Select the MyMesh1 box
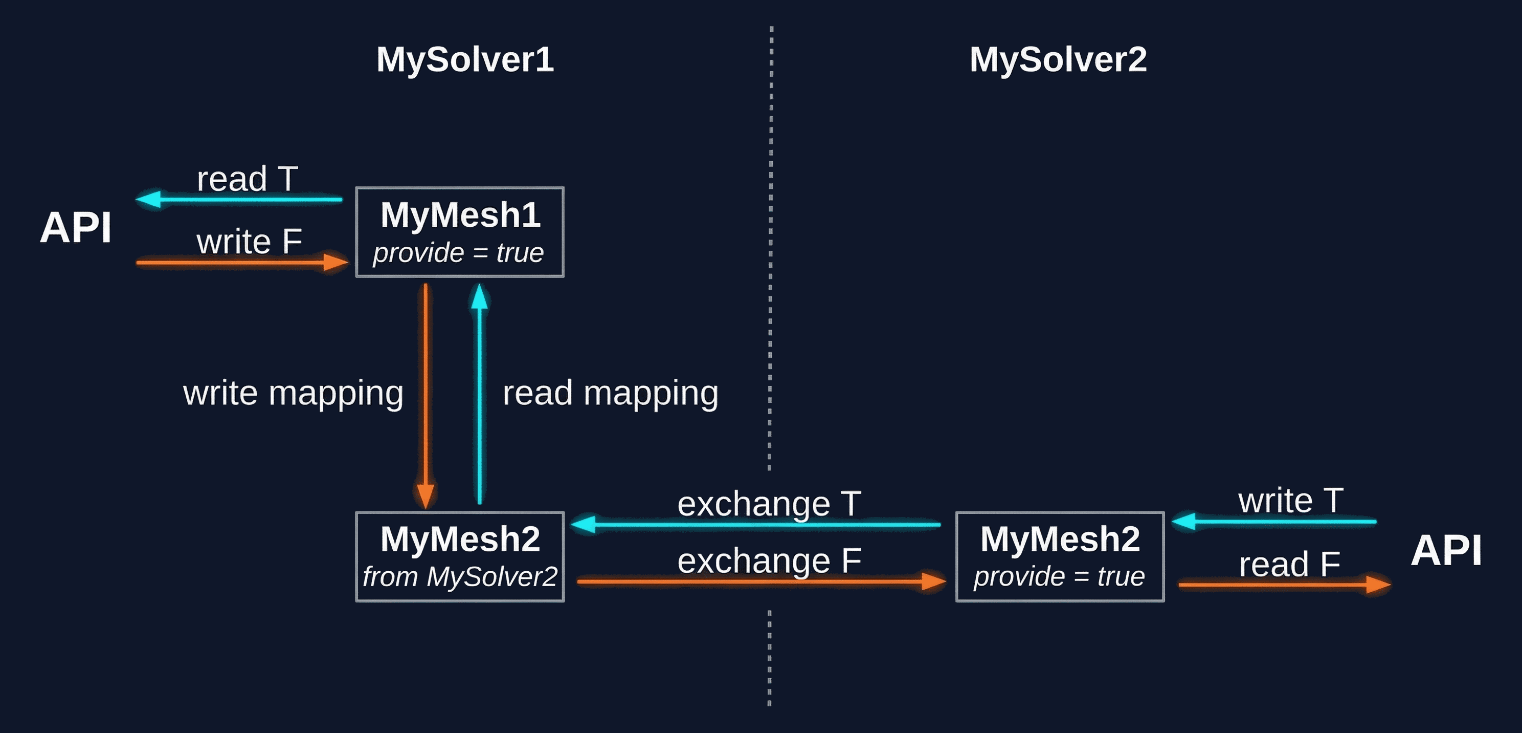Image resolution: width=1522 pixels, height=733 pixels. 460,232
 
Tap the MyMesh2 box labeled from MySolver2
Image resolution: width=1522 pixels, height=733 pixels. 460,556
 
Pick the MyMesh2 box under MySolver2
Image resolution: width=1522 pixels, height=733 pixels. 1059,556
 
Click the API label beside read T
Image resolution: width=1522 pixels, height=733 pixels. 76,228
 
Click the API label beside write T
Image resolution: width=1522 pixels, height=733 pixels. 1446,550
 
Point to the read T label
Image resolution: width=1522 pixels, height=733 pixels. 247,179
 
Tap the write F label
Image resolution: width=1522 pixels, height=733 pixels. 249,242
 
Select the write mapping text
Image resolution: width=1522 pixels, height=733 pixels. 293,393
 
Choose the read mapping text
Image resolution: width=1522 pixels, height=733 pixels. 610,393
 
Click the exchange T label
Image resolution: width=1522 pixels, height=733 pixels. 769,504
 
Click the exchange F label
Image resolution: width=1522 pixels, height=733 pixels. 769,560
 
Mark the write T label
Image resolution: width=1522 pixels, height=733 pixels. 1290,501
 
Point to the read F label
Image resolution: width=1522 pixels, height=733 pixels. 1289,564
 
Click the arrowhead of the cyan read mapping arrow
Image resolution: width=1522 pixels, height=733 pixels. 479,297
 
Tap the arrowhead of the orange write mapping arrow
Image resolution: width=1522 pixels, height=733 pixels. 426,495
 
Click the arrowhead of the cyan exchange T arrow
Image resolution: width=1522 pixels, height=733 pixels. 584,524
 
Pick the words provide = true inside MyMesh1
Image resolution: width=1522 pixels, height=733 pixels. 458,253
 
